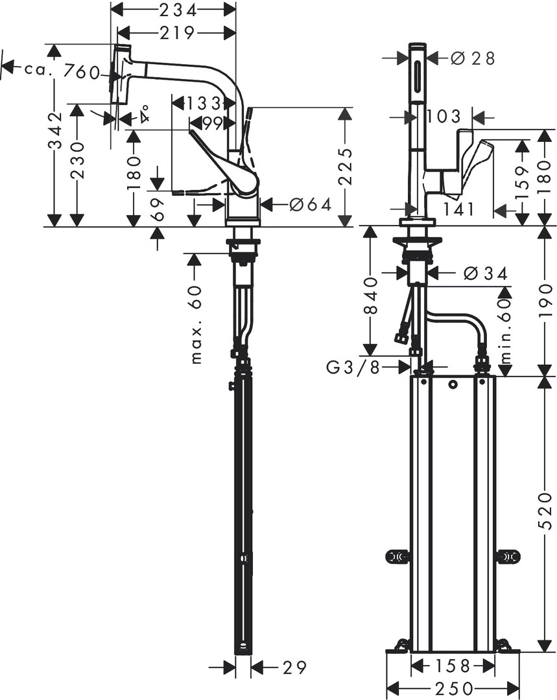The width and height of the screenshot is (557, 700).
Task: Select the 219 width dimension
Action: pyautogui.click(x=176, y=32)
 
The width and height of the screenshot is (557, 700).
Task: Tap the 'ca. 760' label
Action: pyautogui.click(x=61, y=71)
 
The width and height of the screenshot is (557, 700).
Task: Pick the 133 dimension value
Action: pyautogui.click(x=203, y=104)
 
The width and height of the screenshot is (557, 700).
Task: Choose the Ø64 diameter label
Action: pyautogui.click(x=311, y=204)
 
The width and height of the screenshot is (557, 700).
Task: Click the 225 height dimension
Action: pyautogui.click(x=345, y=167)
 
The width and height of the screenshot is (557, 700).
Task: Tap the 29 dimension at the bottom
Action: pyautogui.click(x=294, y=668)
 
